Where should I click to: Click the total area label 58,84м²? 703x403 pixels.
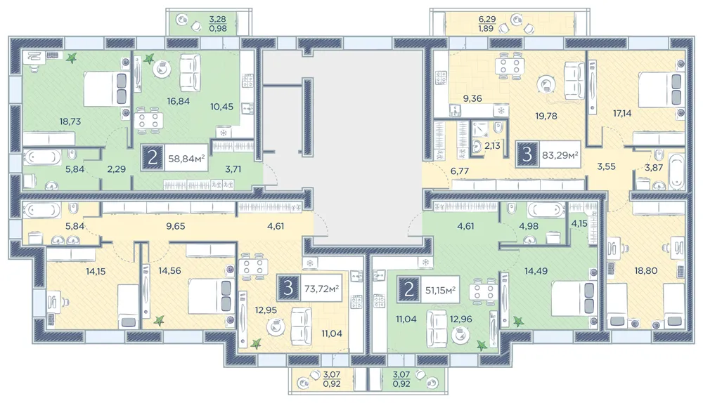(186, 158)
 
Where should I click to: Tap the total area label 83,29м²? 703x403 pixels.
(560, 155)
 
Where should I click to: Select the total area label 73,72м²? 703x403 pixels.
(321, 288)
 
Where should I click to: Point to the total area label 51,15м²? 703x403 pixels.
(440, 290)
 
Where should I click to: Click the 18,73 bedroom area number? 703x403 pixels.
(70, 121)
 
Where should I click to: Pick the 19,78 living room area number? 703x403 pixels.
(546, 116)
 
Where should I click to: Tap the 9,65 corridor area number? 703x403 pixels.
(175, 226)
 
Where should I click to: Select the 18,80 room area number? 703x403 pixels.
(645, 270)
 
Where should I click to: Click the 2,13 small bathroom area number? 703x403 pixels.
(492, 145)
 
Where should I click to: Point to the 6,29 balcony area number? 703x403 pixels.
(487, 19)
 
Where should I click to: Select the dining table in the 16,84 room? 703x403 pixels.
(148, 120)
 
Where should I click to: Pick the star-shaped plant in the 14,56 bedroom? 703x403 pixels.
(159, 320)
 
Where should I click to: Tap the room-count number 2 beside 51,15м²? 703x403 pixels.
(409, 289)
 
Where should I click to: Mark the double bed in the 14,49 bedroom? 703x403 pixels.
(574, 298)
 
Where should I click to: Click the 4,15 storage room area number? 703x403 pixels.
(579, 222)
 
